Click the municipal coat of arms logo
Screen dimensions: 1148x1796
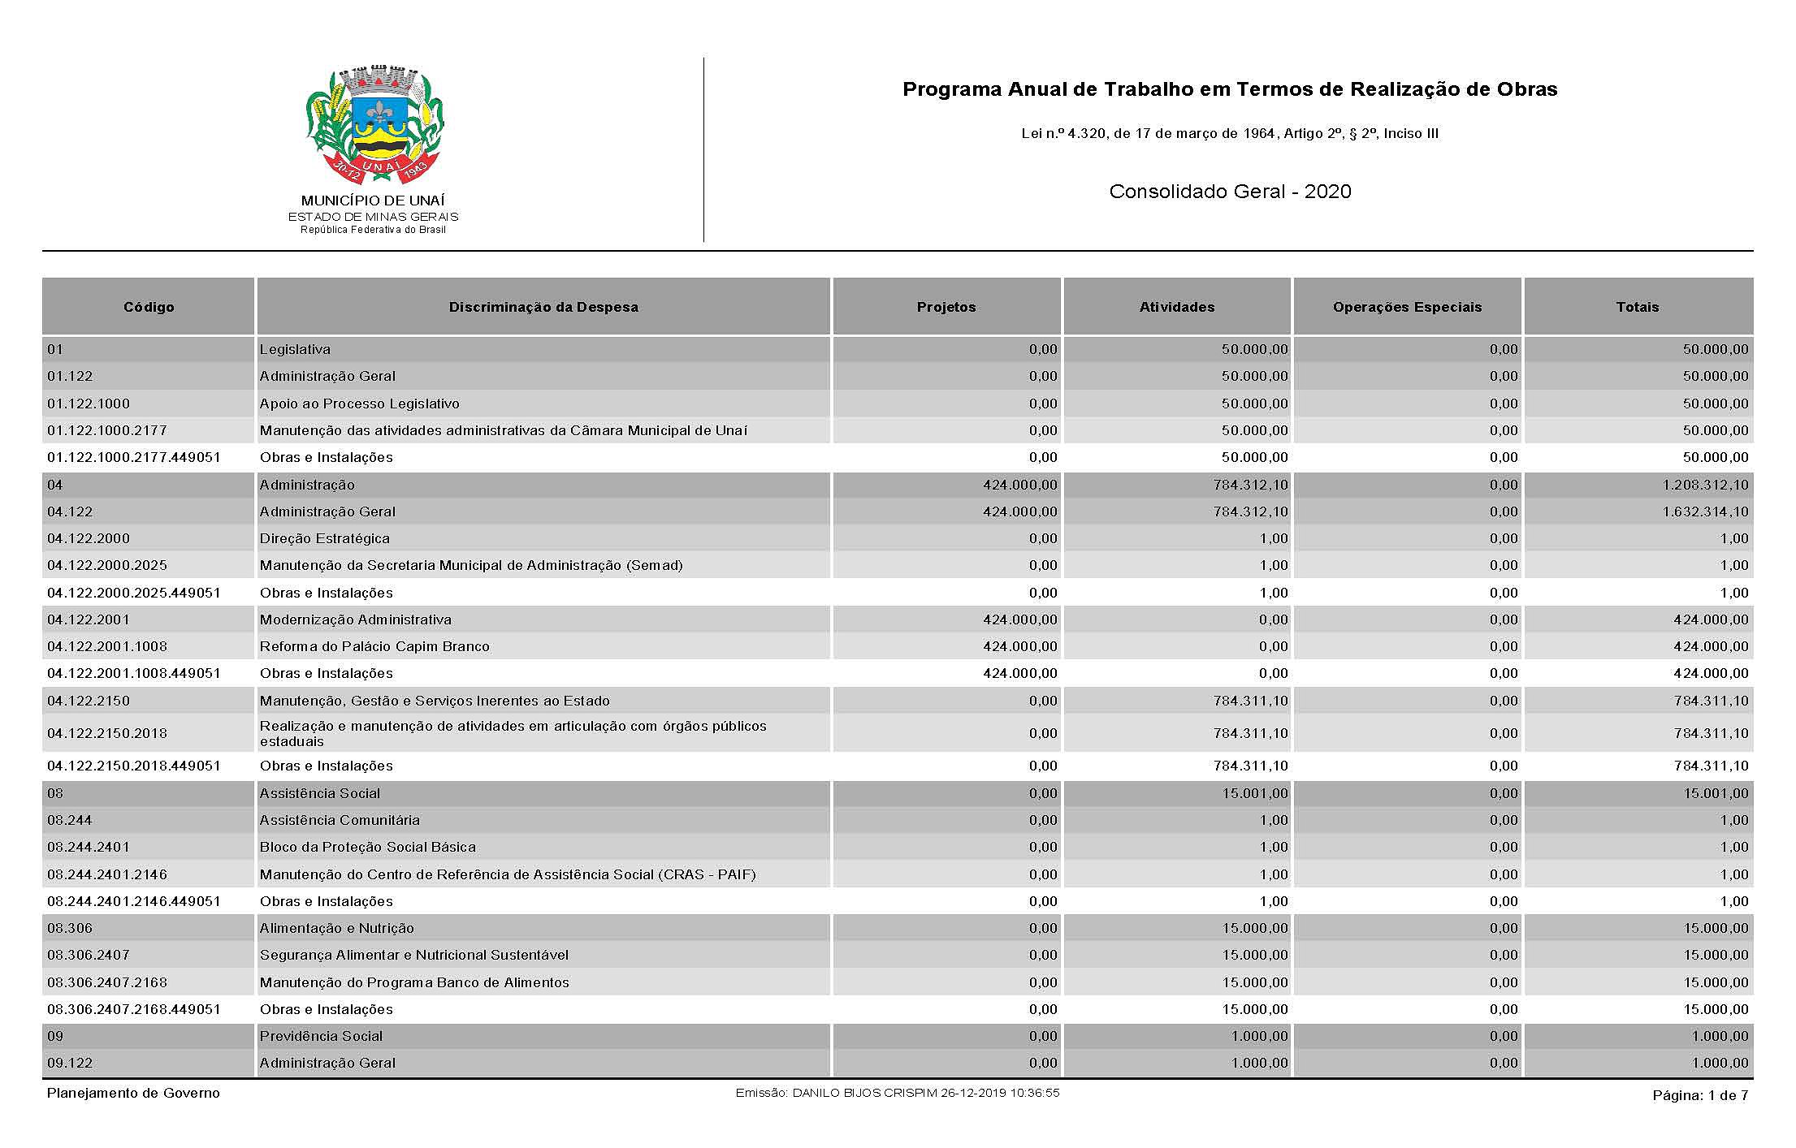(374, 126)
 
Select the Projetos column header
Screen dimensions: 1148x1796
(946, 307)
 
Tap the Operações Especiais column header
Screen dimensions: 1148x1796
(1407, 307)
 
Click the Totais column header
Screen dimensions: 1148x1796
(1637, 307)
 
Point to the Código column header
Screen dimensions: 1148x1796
(149, 307)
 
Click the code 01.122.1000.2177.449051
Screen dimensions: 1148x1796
(134, 457)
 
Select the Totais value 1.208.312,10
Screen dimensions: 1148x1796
(1704, 485)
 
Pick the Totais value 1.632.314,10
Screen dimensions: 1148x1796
(1704, 511)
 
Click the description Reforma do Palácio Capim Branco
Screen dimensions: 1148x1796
(374, 646)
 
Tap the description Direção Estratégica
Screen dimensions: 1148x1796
(324, 538)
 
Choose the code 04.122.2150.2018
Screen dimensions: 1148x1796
(107, 733)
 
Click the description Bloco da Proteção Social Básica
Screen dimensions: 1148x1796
(367, 847)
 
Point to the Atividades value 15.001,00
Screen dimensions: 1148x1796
(1254, 793)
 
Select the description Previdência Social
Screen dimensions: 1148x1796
(321, 1036)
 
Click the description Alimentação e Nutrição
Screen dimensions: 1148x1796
(336, 928)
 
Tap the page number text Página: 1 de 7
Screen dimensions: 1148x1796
(1699, 1095)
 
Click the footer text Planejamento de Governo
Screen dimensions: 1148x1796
(133, 1093)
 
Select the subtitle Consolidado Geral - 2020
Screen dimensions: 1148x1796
(1230, 192)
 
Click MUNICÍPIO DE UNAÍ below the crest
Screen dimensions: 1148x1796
(373, 201)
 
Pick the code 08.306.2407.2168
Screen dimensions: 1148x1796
(107, 982)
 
